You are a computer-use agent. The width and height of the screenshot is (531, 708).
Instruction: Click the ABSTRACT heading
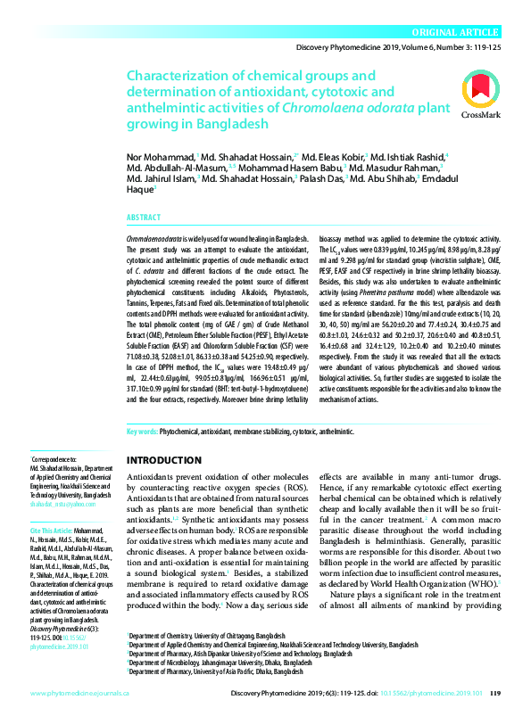point(144,218)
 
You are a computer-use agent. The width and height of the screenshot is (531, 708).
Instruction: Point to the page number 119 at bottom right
point(496,692)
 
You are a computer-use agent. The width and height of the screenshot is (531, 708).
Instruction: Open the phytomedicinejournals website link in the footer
point(79,692)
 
